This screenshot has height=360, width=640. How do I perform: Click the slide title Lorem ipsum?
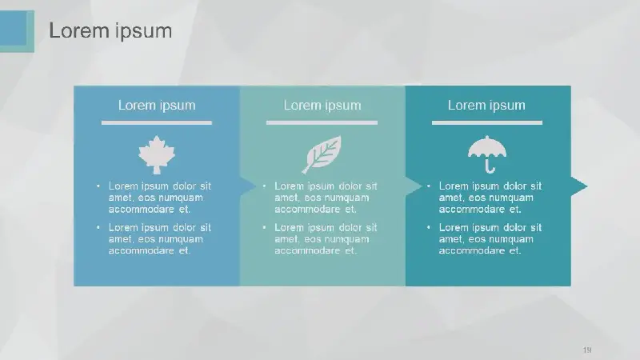110,31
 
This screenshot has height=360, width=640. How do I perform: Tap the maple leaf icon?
157,154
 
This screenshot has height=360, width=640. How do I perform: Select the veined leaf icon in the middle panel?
322,154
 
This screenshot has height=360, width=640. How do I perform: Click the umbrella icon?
487,154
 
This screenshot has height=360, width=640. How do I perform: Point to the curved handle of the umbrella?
490,168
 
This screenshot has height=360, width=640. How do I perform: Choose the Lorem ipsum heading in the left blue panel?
157,106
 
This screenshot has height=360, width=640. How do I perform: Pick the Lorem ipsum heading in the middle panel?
322,106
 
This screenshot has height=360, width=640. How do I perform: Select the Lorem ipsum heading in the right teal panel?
486,106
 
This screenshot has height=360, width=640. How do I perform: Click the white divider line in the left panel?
157,122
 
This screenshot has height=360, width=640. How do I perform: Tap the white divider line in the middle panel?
322,122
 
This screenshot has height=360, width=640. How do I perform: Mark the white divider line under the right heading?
487,122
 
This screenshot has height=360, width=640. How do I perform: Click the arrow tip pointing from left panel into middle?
256,186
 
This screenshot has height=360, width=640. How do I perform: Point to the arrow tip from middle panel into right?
422,186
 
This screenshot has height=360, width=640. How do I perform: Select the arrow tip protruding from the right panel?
587,186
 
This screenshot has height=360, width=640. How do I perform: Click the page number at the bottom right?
587,350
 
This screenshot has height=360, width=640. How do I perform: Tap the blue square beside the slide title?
16,31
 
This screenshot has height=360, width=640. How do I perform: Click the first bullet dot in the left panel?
98,186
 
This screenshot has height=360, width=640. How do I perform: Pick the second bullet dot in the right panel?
429,227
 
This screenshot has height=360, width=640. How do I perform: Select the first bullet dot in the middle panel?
264,186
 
